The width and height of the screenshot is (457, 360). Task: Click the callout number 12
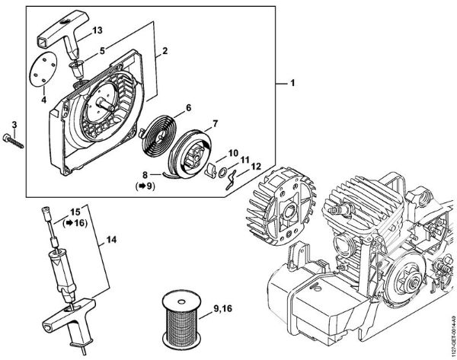[255, 166]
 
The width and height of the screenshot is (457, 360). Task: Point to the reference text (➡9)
[144, 185]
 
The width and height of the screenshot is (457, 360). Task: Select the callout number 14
[110, 240]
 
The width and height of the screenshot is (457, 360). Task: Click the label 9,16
[225, 308]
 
